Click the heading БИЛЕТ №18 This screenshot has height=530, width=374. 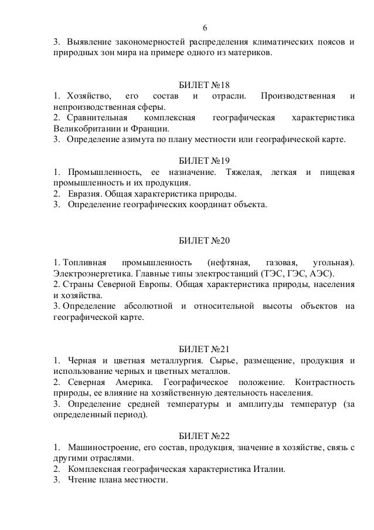click(x=203, y=85)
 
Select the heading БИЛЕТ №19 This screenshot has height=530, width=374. click(x=203, y=160)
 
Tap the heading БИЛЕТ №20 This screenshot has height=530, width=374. click(x=203, y=241)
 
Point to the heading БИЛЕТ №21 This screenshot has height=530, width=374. click(x=203, y=349)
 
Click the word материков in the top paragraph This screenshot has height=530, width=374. click(x=250, y=54)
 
